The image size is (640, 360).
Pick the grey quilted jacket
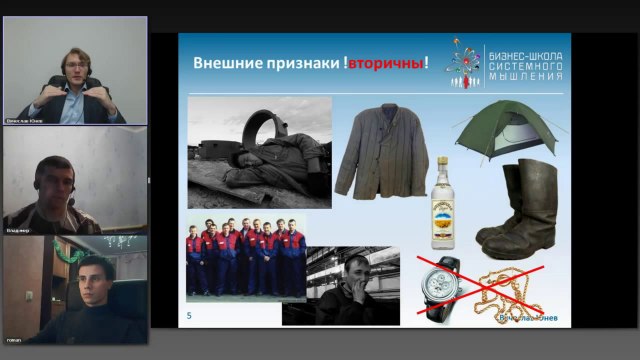click(379, 156)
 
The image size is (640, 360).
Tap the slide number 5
click(190, 317)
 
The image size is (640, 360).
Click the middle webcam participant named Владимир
click(65, 185)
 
